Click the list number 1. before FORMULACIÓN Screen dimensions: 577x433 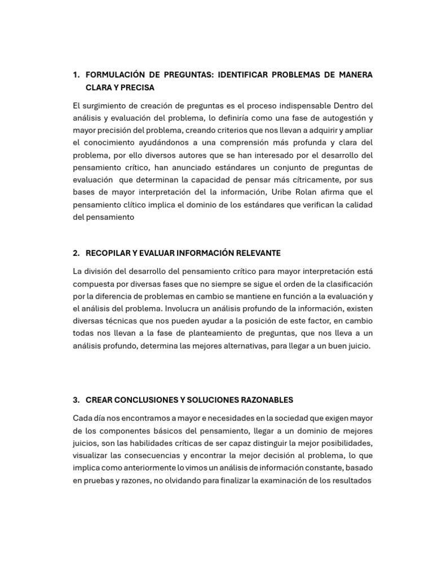pyautogui.click(x=76, y=76)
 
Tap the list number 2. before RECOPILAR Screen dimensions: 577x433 pyautogui.click(x=76, y=254)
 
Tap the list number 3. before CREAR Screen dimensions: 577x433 pyautogui.click(x=76, y=400)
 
